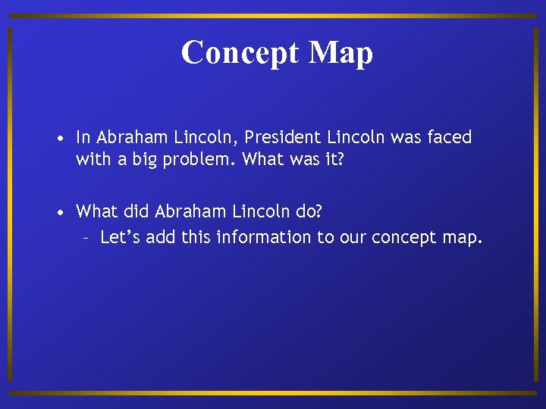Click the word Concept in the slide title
point(231,53)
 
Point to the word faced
point(449,138)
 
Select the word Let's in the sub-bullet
point(120,238)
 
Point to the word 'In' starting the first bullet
point(83,138)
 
